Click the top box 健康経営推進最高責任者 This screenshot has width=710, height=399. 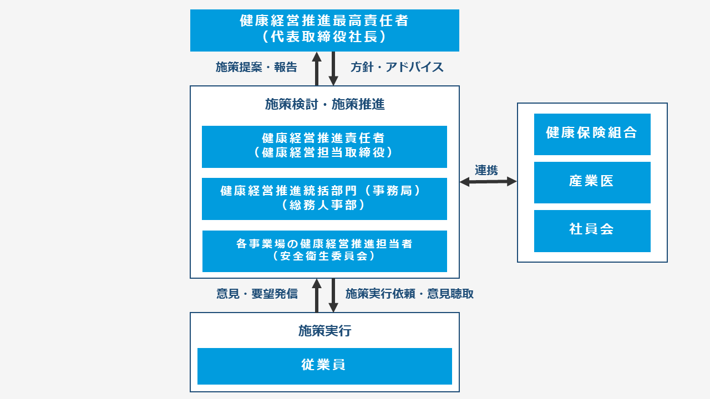tap(324, 30)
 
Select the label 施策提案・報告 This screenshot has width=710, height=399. tap(256, 68)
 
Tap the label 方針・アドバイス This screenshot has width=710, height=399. tap(397, 68)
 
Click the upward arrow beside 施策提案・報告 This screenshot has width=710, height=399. tap(317, 69)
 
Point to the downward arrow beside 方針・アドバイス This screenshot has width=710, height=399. tap(333, 69)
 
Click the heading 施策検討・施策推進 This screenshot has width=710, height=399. tap(324, 104)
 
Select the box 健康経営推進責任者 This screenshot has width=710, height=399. tap(324, 146)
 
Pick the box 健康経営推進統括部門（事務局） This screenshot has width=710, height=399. tap(324, 198)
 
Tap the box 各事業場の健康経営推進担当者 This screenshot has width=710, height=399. tap(324, 251)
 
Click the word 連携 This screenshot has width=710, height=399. tap(486, 170)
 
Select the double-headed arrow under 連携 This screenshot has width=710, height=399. tap(488, 181)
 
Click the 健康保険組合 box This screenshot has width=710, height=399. tap(592, 134)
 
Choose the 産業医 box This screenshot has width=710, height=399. tap(592, 182)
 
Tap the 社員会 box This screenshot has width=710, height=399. tap(592, 230)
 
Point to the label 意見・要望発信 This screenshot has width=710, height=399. tap(257, 294)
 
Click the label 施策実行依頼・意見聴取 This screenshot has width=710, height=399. tap(409, 294)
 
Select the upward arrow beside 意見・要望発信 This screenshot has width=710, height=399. tap(317, 295)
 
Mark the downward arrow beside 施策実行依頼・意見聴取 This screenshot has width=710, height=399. tap(333, 295)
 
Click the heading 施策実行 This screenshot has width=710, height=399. tap(324, 331)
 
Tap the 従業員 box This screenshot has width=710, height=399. tap(324, 366)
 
